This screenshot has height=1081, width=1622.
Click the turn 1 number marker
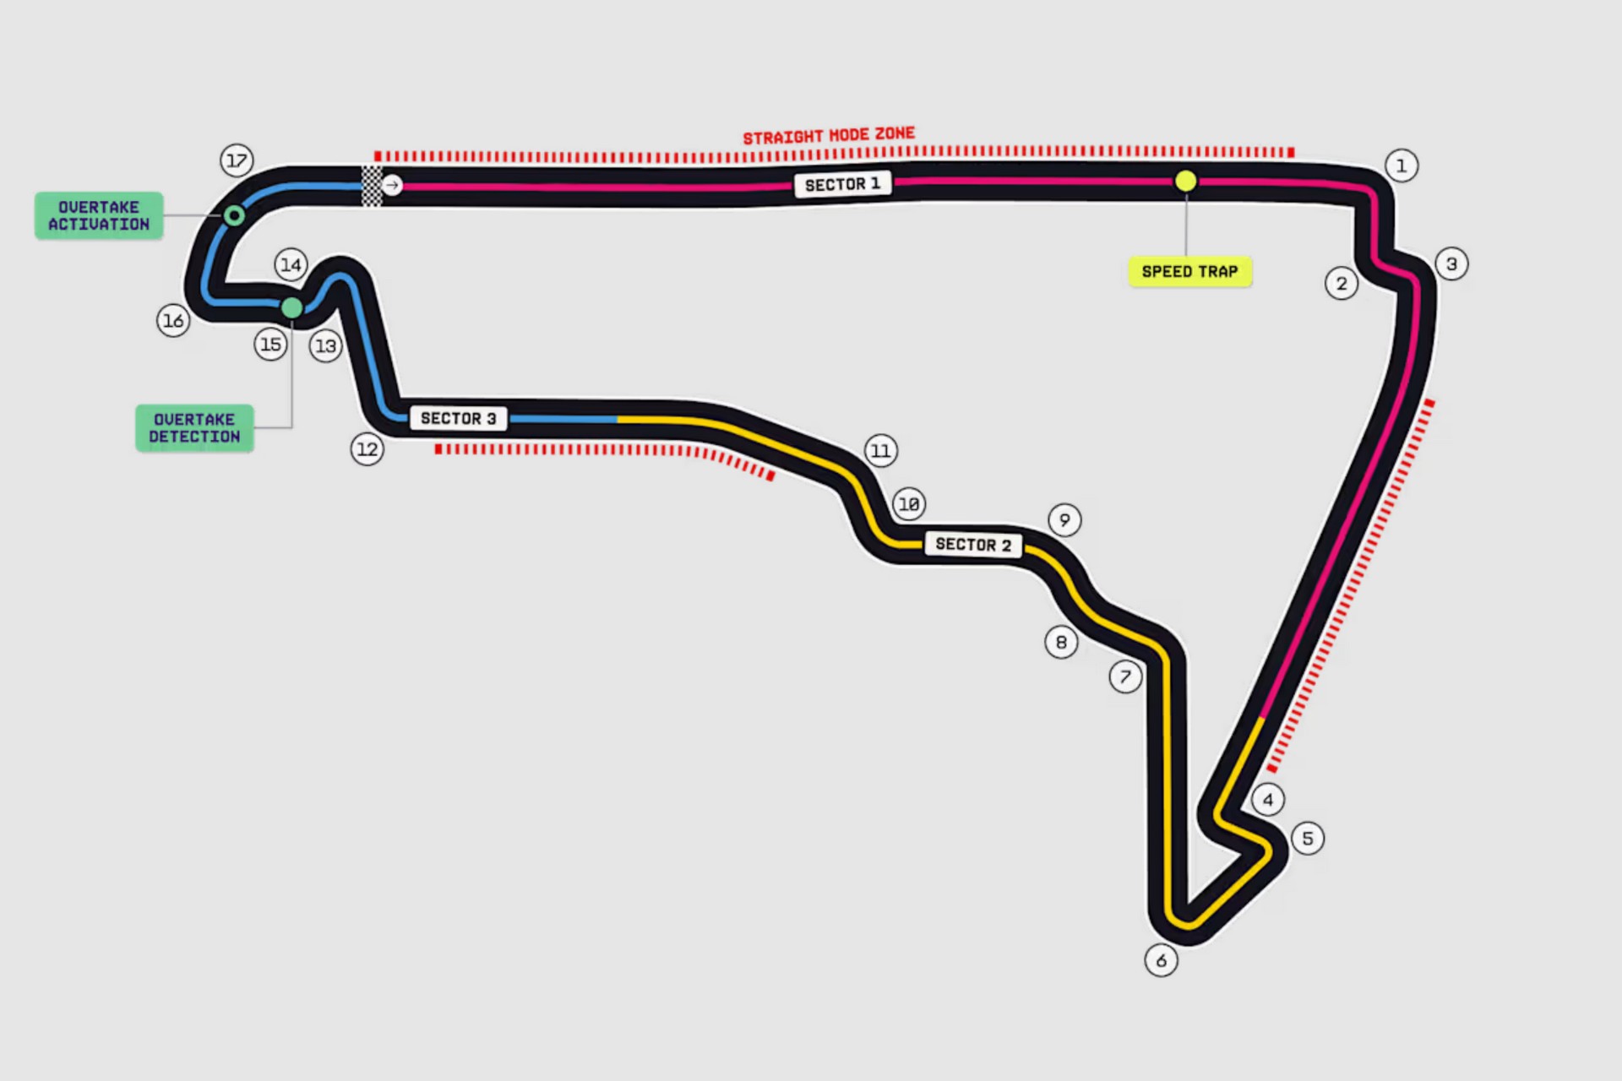pos(1401,166)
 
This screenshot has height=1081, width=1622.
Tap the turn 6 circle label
pos(1161,960)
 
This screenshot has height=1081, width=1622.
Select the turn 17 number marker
pos(237,160)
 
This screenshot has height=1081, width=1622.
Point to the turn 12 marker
pos(367,449)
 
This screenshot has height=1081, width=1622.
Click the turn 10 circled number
pos(908,504)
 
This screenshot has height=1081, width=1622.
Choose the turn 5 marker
pos(1307,839)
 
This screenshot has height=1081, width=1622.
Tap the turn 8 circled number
pos(1061,643)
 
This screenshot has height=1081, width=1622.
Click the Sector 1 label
pos(842,184)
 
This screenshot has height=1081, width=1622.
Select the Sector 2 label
pos(973,545)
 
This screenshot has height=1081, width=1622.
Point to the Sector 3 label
pos(458,419)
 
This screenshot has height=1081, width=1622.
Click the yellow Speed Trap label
pos(1189,272)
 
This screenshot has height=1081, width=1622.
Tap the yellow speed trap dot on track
pos(1185,181)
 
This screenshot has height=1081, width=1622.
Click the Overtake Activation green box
pos(99,215)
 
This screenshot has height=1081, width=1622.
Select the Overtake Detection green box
pos(194,428)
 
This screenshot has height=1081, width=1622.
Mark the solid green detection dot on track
pos(291,308)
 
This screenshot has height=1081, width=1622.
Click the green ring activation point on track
pos(234,215)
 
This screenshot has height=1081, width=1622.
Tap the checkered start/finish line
pos(372,186)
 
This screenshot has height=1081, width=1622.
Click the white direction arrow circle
pos(392,185)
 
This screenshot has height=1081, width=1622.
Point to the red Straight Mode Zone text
pos(829,135)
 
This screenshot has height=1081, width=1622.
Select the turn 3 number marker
pos(1451,263)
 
